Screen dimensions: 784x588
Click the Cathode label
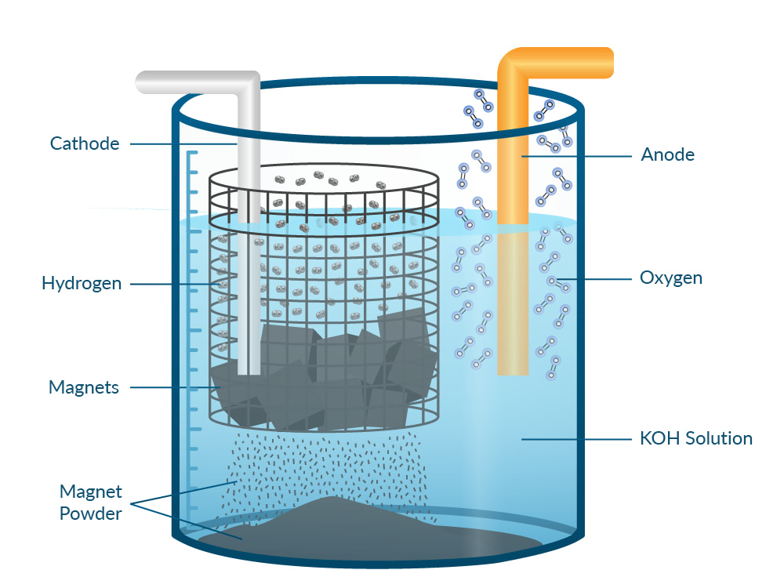tap(85, 144)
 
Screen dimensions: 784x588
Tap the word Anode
tap(667, 155)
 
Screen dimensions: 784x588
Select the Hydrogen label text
tap(82, 284)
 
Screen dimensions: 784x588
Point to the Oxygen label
tap(671, 278)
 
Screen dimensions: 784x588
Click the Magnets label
tap(84, 387)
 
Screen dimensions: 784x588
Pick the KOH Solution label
tap(696, 438)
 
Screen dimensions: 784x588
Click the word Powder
tap(90, 514)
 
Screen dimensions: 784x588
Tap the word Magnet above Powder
tap(90, 492)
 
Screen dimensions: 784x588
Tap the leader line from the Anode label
tap(576, 157)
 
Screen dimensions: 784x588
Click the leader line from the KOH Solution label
tap(576, 440)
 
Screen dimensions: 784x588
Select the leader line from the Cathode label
tap(183, 144)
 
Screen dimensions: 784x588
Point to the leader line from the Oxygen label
tap(594, 279)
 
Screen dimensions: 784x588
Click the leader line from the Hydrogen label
tap(176, 284)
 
